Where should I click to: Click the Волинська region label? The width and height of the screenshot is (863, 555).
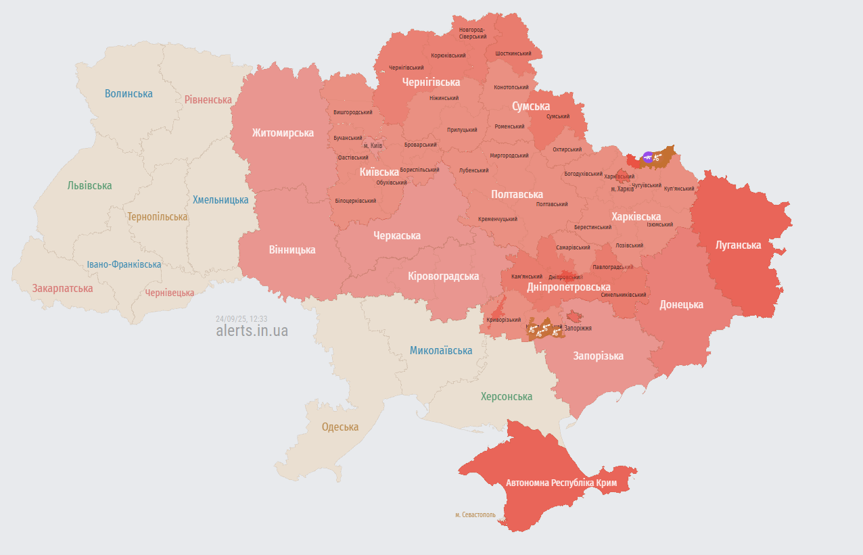click(x=129, y=93)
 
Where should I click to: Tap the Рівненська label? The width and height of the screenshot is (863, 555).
click(x=208, y=99)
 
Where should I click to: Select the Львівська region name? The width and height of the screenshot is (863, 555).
click(x=89, y=185)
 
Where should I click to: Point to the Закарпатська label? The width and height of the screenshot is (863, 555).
click(x=62, y=288)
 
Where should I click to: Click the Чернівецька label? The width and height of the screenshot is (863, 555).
click(x=169, y=293)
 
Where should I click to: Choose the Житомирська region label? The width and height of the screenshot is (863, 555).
click(x=283, y=132)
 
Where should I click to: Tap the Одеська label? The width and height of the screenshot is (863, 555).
click(x=340, y=427)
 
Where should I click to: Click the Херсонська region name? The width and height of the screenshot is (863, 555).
click(x=506, y=396)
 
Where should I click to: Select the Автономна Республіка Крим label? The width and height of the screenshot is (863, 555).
click(x=561, y=483)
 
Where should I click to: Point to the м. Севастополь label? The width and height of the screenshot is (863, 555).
click(x=475, y=514)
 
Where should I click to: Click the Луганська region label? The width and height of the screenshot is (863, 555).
click(x=738, y=245)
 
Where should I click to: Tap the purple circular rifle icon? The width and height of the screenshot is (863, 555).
click(x=648, y=158)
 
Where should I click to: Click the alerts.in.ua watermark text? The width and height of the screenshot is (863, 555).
click(x=252, y=331)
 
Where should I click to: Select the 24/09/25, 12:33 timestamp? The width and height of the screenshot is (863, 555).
click(x=241, y=318)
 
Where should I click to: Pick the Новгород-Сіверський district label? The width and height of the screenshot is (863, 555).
click(x=472, y=33)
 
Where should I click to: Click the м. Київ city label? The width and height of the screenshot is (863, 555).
click(x=373, y=145)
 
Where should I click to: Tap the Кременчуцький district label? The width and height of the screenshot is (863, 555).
click(x=497, y=219)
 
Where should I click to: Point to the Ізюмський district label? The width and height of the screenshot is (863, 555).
click(x=659, y=224)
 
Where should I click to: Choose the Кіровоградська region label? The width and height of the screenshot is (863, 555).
click(x=443, y=276)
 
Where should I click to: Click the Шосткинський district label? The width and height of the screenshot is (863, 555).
click(x=513, y=53)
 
